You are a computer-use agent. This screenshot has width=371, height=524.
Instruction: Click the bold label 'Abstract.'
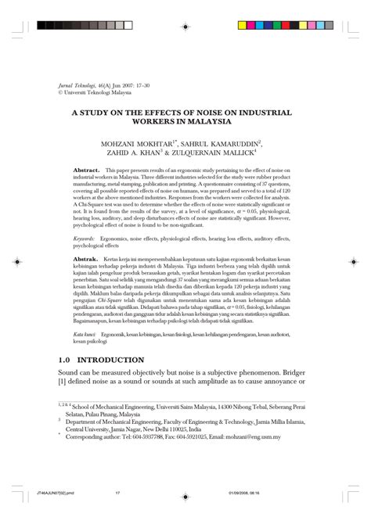pos(85,169)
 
